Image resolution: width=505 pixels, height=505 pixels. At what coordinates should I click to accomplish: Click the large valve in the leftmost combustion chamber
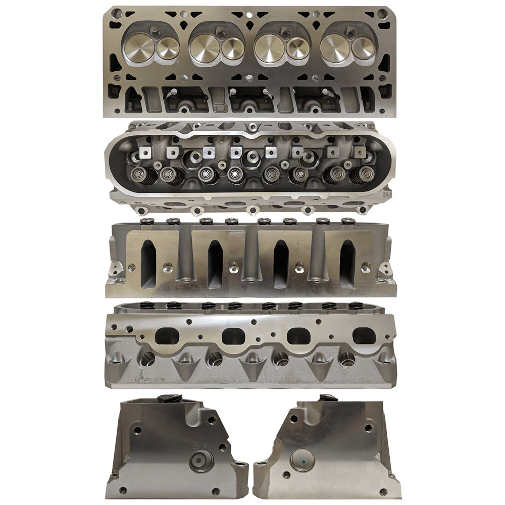point(138,49)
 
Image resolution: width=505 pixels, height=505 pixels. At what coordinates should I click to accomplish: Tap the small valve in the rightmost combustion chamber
point(363,48)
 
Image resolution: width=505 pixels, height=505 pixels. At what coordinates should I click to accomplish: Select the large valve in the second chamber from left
point(204,48)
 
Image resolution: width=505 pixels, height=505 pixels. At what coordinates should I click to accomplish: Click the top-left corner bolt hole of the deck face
point(114,14)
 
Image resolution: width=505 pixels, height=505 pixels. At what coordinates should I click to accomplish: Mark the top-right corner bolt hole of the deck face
point(382,13)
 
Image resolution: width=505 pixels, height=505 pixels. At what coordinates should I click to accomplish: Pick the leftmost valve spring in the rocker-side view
point(138,176)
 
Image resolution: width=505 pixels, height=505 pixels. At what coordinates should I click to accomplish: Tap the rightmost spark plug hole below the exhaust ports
point(347,359)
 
